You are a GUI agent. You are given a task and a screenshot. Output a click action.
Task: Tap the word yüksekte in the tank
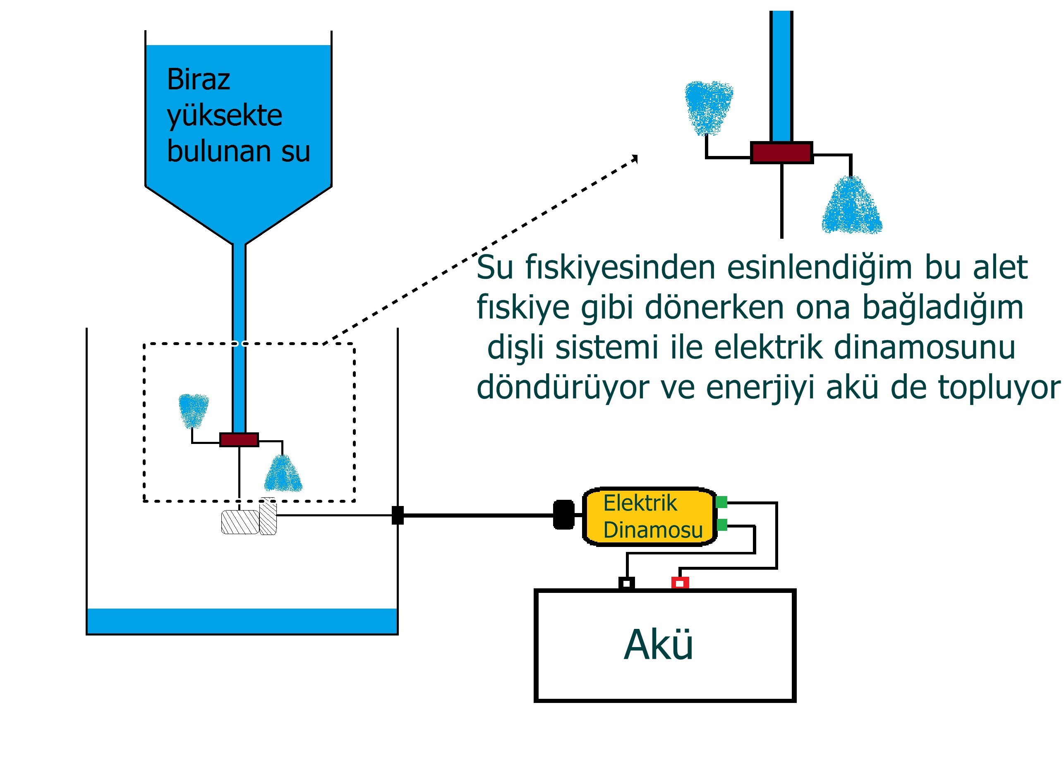[224, 115]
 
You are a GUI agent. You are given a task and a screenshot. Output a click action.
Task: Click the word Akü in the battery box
[658, 645]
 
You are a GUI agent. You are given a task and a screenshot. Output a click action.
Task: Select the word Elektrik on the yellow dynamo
[640, 503]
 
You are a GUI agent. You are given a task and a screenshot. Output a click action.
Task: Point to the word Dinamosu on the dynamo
[653, 530]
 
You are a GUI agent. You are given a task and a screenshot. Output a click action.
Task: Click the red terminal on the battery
[680, 583]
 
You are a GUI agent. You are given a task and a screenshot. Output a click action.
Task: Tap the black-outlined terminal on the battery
[626, 584]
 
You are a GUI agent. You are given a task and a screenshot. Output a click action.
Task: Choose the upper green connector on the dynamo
[722, 502]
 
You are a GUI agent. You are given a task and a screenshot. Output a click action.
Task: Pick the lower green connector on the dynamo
[722, 525]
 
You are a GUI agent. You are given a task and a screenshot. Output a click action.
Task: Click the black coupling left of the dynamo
[564, 515]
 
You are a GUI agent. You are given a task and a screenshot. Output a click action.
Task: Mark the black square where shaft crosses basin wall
[398, 515]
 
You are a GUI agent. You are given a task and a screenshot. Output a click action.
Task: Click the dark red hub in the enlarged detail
[781, 153]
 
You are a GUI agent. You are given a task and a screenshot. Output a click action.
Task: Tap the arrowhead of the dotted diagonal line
[635, 158]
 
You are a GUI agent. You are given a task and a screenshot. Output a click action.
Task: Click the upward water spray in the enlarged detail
[709, 107]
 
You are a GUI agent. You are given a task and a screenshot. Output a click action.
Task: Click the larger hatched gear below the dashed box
[240, 522]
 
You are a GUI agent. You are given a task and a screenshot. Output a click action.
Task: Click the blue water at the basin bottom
[242, 621]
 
